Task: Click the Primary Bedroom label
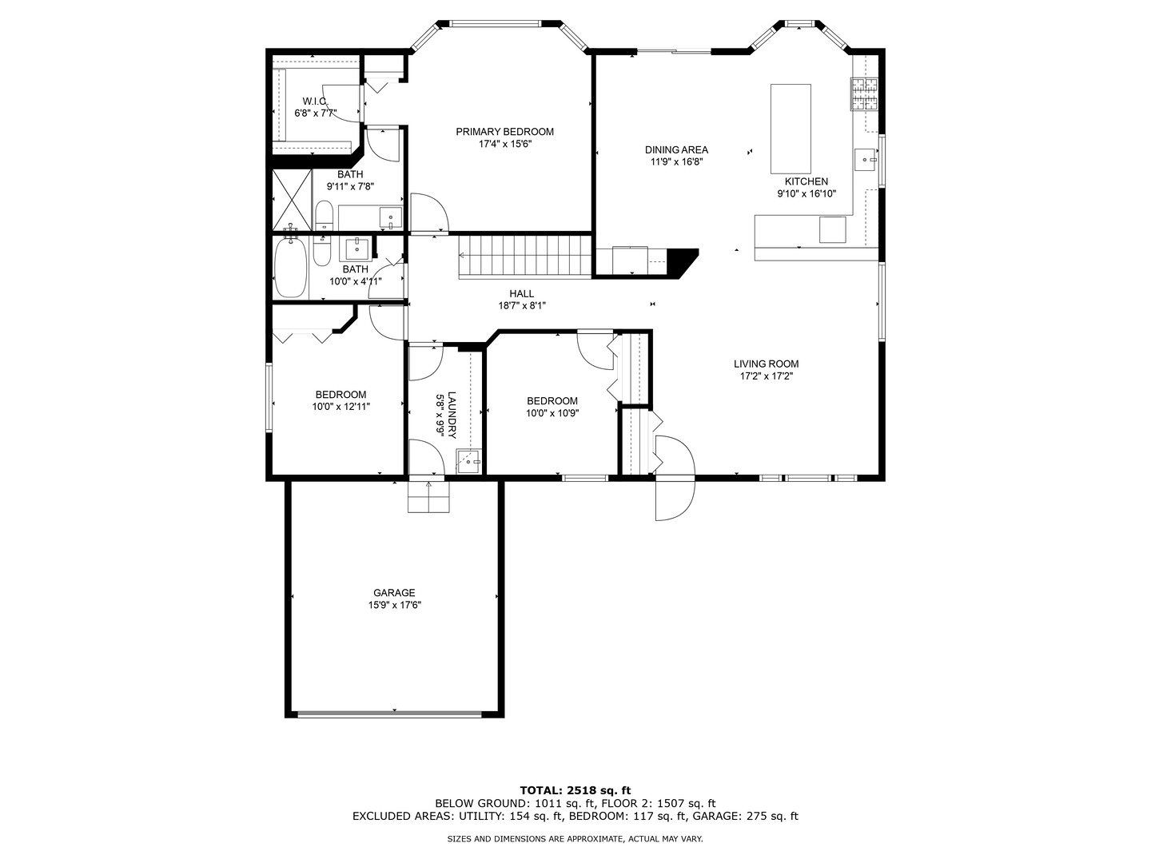tap(504, 132)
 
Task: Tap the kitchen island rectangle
tap(791, 129)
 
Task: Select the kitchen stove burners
tap(863, 94)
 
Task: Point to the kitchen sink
tap(866, 159)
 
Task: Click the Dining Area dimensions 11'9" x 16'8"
tap(676, 162)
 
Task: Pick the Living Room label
tap(766, 364)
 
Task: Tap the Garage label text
tap(394, 593)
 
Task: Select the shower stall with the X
tap(292, 200)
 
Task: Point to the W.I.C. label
tap(315, 101)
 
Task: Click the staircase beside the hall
tap(525, 257)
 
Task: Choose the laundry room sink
tap(468, 462)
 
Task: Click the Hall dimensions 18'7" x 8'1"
tap(522, 306)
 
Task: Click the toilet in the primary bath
tap(324, 216)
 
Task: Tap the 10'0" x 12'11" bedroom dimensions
tap(341, 406)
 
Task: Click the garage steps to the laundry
tap(428, 496)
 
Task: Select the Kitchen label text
tap(806, 181)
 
